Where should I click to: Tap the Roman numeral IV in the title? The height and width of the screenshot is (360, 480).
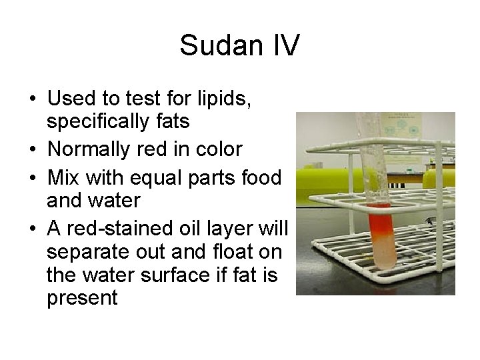pyautogui.click(x=285, y=46)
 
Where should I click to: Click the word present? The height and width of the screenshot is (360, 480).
pyautogui.click(x=82, y=297)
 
